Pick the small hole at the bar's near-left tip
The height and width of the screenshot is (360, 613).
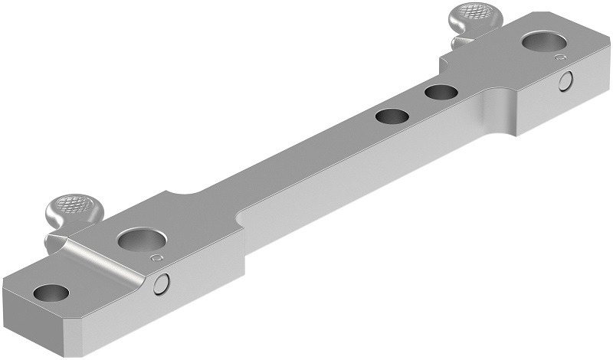click(51, 292)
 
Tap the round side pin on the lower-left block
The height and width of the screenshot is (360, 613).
click(162, 285)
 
